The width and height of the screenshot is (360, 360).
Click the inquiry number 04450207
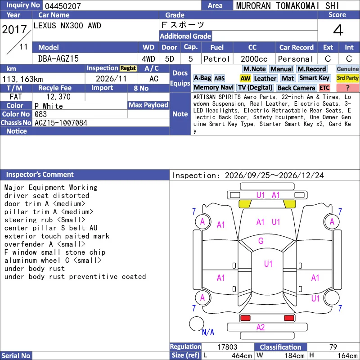63,6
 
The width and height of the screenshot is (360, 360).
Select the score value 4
338,30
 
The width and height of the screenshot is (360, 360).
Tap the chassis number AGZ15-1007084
61,123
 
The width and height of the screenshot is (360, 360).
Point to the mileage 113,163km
22,79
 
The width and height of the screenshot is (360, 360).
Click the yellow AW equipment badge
245,78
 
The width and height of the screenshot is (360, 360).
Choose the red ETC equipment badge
324,88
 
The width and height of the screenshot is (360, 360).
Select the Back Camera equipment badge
296,88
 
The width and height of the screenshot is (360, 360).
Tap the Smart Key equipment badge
314,78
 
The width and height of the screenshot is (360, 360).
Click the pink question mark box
347,88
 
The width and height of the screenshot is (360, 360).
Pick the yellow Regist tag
128,68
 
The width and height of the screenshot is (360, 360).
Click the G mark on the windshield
261,241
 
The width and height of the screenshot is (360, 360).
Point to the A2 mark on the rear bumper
261,327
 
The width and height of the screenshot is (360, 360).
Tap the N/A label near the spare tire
208,332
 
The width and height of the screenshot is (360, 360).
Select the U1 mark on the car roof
268,264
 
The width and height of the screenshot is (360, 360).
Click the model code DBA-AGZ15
58,59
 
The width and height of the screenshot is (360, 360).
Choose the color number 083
40,114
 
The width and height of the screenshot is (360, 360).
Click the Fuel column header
217,48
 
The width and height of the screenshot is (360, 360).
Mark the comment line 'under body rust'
35,268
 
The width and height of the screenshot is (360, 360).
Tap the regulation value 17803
227,347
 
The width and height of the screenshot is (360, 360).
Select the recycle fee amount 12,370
58,97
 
